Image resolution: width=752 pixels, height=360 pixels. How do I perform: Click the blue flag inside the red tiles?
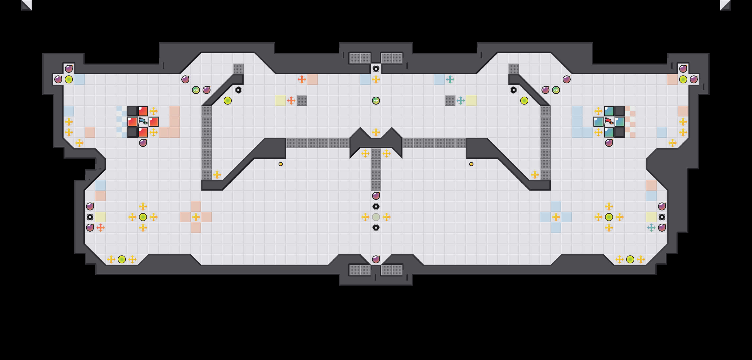click(143, 121)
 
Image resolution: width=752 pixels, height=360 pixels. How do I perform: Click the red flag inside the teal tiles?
click(609, 121)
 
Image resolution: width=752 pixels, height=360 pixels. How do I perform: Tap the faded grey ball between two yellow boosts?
click(376, 217)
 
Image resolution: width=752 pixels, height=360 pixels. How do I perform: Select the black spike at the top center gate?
click(376, 69)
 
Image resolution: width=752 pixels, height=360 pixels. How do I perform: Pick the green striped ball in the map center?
click(376, 101)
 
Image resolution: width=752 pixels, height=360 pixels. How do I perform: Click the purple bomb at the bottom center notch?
click(376, 259)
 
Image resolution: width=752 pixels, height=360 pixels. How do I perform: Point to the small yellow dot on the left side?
click(280, 164)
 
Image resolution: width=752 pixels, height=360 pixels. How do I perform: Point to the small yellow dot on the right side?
click(471, 164)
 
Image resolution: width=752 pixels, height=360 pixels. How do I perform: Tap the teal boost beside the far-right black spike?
click(651, 228)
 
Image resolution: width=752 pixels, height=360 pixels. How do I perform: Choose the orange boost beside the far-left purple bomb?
click(100, 228)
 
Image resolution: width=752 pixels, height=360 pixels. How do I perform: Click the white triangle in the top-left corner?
click(27, 5)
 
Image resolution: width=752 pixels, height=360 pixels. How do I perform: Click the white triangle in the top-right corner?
click(725, 5)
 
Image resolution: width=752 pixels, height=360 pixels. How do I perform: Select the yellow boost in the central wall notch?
click(376, 132)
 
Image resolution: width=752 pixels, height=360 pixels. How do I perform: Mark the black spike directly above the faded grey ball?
click(376, 206)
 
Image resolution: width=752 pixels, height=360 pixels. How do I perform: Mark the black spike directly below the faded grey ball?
click(376, 228)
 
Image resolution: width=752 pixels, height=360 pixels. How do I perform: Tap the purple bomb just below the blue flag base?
click(143, 143)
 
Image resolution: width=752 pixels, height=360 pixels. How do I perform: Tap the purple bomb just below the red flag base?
click(609, 143)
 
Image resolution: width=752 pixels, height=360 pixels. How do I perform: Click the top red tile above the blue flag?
click(143, 111)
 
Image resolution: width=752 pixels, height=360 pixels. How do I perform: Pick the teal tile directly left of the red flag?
click(598, 121)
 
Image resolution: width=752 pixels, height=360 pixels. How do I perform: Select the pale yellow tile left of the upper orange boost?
click(280, 101)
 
